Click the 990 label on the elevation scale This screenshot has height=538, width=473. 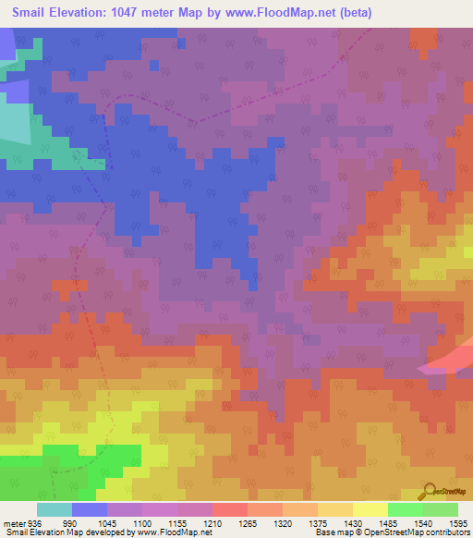click(71, 522)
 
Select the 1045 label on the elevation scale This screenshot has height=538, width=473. click(106, 522)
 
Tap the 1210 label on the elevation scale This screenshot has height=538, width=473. click(211, 522)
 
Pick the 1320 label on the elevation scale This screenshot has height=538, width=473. click(281, 522)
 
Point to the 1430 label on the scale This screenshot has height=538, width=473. click(351, 522)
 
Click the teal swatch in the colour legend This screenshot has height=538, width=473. click(54, 509)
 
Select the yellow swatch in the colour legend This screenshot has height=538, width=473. click(370, 509)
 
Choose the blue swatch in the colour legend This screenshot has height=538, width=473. click(89, 509)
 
